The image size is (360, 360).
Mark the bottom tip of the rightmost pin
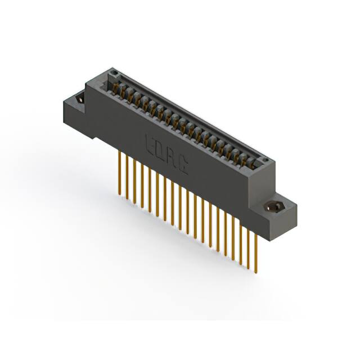pyautogui.click(x=256, y=272)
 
